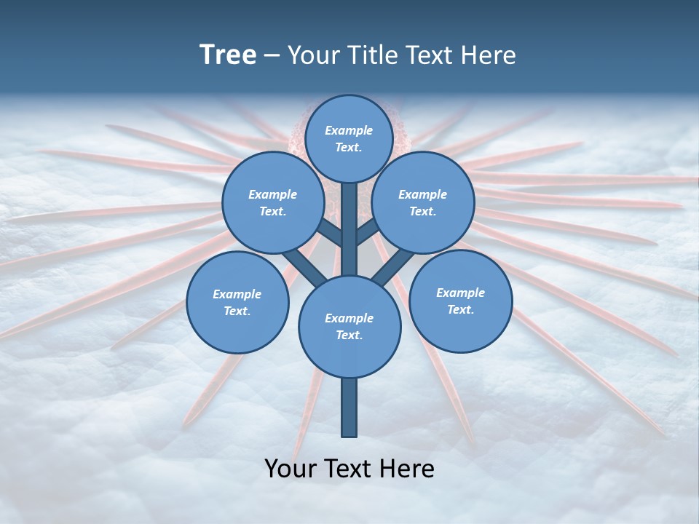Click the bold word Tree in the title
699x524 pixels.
(228, 55)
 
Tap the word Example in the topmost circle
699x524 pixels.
(349, 130)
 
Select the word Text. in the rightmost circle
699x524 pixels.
(460, 309)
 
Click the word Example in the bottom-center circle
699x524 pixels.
(349, 318)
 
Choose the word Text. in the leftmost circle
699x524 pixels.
(237, 311)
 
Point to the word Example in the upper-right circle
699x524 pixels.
(422, 194)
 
